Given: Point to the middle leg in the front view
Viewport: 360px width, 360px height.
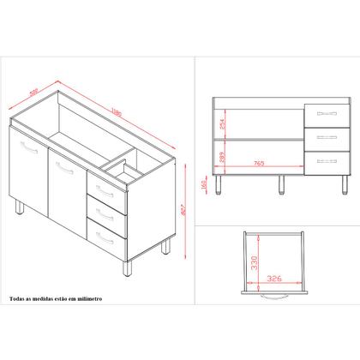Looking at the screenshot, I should point(281,183).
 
